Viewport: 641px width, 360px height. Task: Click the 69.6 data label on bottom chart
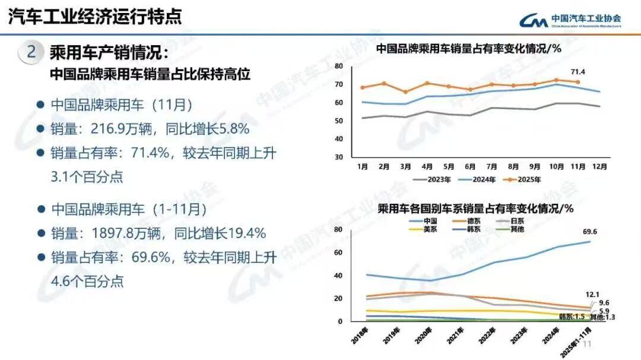[x=591, y=232]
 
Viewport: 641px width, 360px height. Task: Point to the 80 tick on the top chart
[x=339, y=66]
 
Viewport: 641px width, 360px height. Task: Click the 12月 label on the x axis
[x=600, y=167]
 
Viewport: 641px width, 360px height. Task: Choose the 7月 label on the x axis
[x=491, y=167]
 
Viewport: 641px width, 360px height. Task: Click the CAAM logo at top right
[x=570, y=21]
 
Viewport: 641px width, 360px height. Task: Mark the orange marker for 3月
[x=405, y=92]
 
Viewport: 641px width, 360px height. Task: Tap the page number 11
[x=589, y=344]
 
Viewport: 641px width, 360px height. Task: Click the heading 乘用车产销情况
[x=109, y=53]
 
